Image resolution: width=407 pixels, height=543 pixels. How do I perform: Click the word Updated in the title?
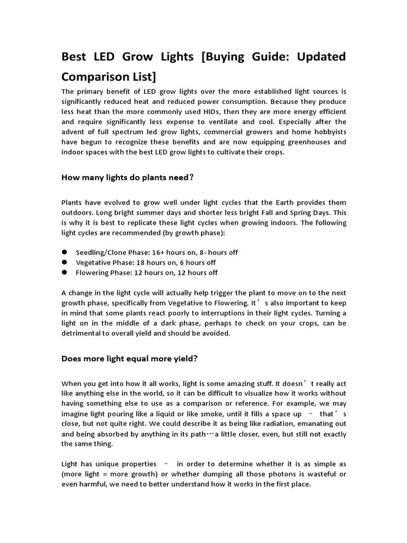320,56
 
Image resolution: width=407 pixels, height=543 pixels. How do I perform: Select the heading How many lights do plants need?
128,178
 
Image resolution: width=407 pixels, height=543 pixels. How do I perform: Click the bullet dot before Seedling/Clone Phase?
65,252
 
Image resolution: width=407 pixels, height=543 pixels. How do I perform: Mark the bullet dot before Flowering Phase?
65,273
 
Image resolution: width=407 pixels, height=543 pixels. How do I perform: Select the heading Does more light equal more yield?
129,358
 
